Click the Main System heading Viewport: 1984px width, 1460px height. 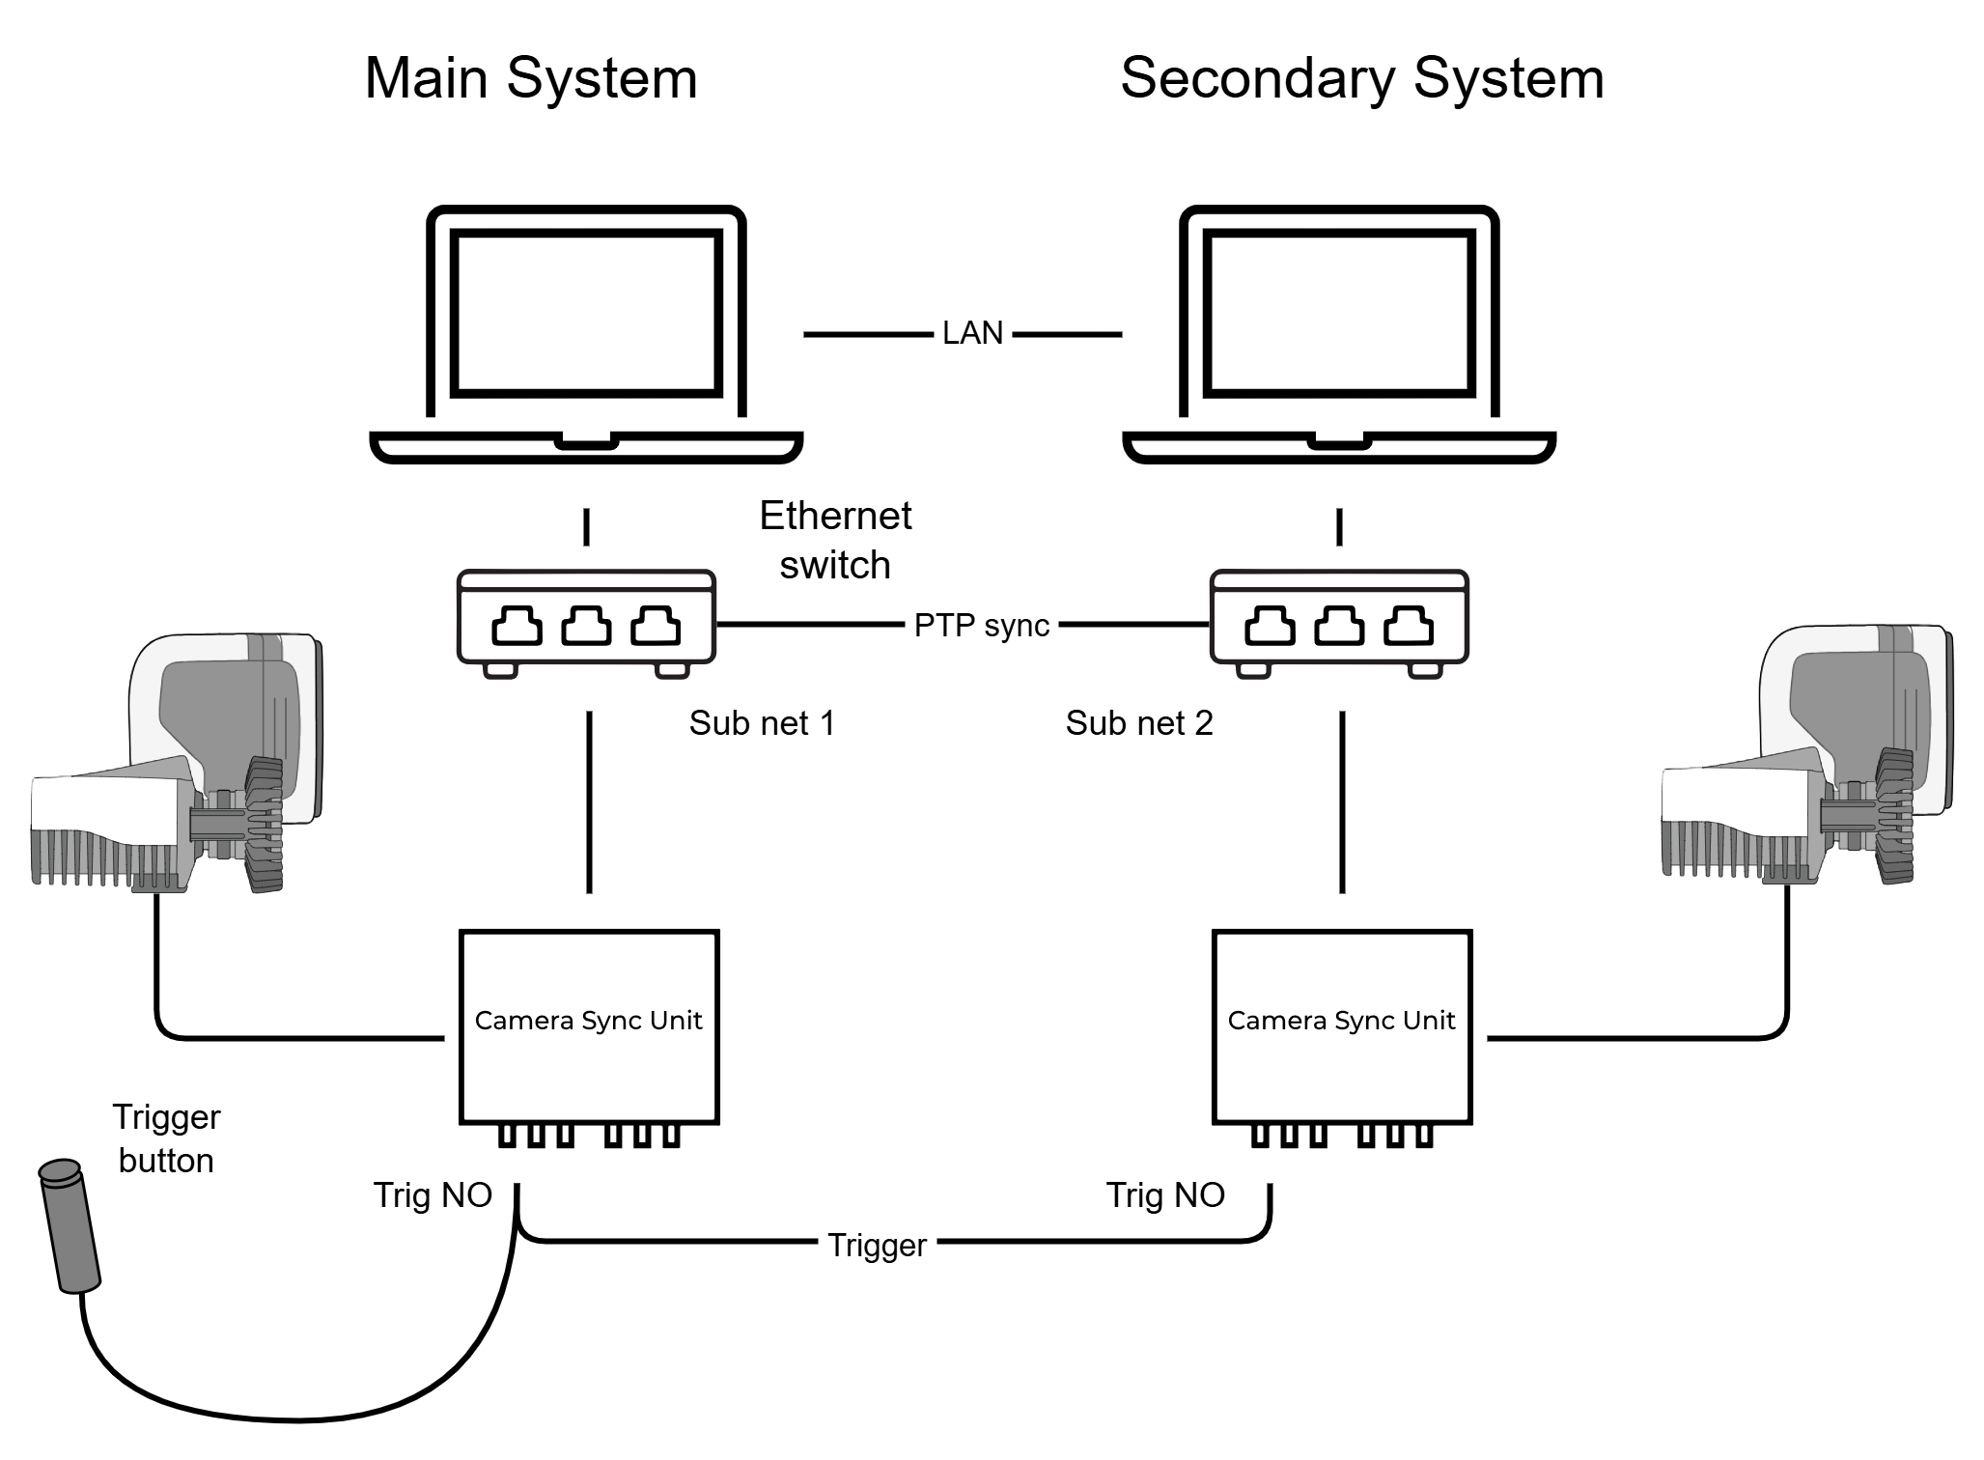coord(530,78)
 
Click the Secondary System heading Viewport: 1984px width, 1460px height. coord(1361,78)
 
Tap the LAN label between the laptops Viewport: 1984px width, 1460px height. coord(972,333)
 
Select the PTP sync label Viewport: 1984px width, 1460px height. coord(981,626)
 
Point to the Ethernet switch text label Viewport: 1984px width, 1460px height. coord(835,540)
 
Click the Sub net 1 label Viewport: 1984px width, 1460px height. coord(762,723)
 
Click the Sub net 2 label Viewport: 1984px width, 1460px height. coord(1139,723)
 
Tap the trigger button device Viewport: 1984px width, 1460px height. coord(70,1225)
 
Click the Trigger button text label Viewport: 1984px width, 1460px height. coord(166,1138)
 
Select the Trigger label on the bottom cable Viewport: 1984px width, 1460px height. coord(877,1246)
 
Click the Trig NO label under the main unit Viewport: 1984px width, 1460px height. coord(433,1195)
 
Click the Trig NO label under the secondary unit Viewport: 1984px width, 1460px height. coord(1165,1195)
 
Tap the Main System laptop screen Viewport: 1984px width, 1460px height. coord(587,313)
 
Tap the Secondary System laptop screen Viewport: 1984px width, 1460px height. coord(1340,313)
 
